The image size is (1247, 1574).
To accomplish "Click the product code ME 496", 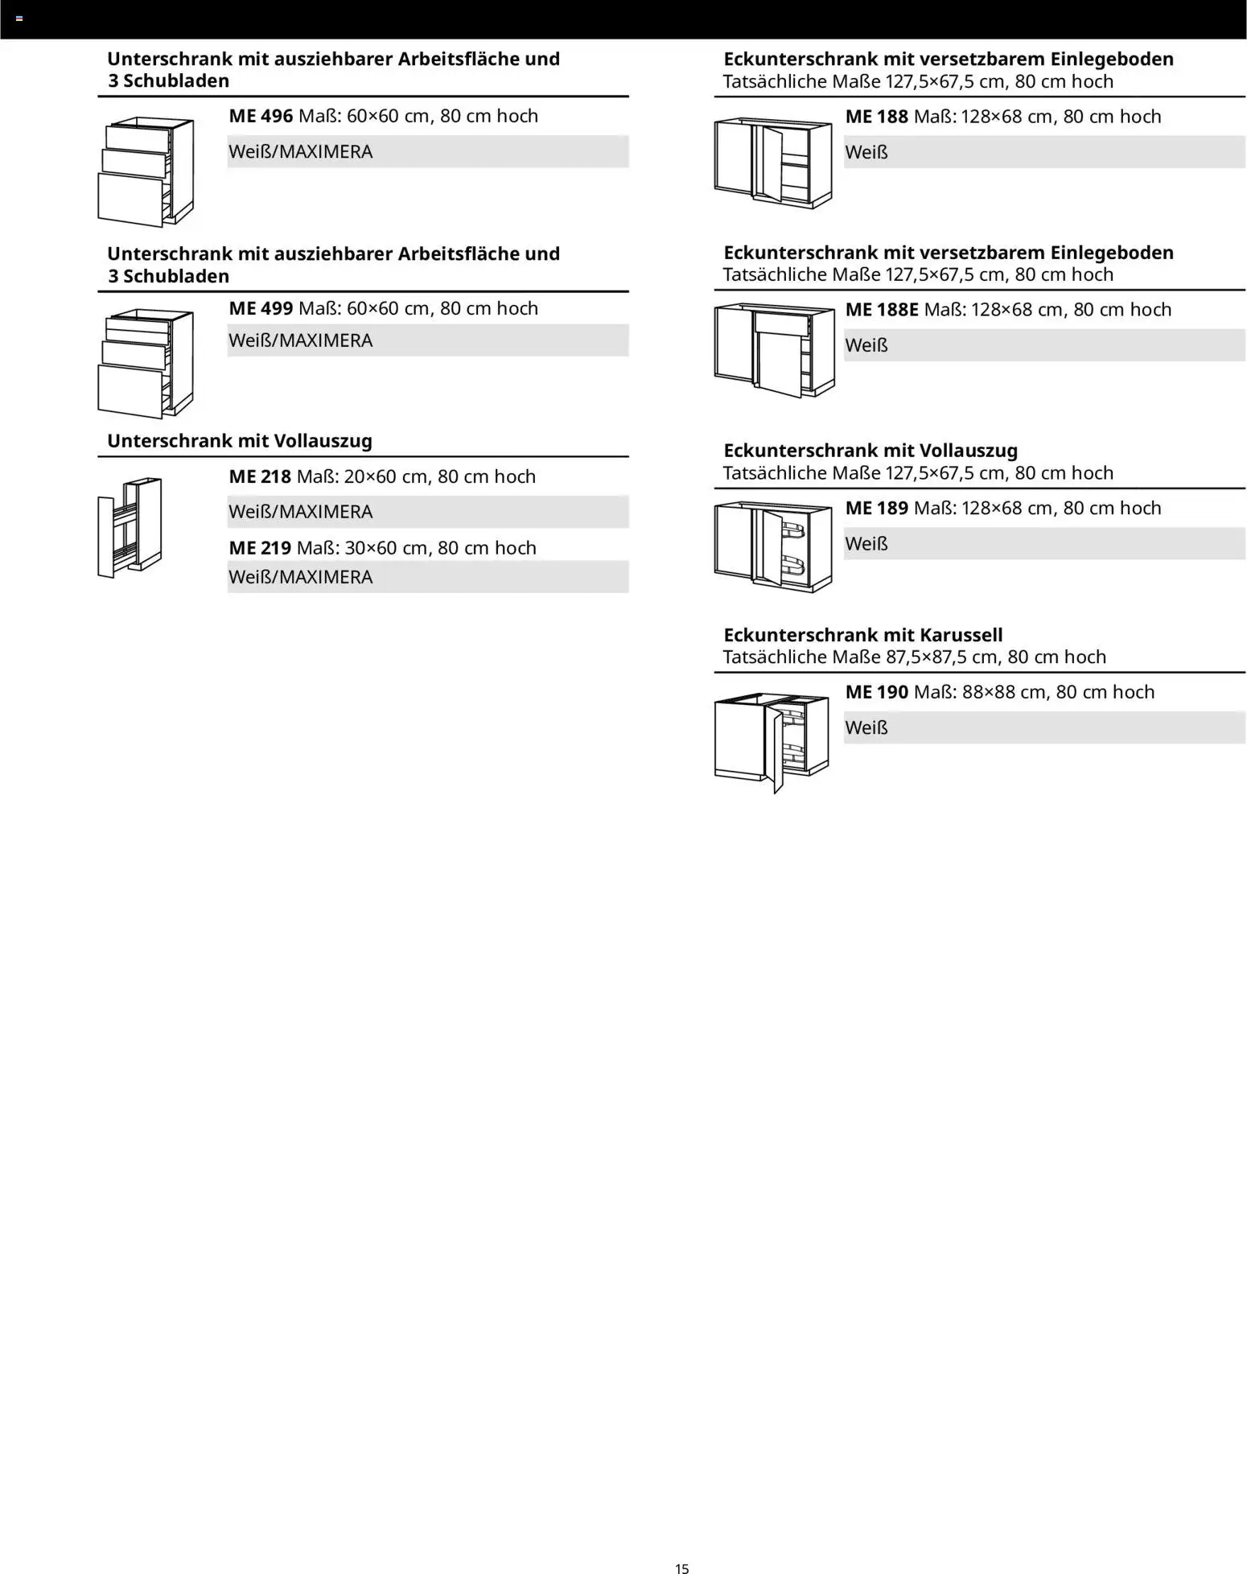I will pos(261,116).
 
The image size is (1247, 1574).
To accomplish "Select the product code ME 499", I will pos(261,308).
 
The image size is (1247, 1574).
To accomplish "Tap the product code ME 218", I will pos(260,476).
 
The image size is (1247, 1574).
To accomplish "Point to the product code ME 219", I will pos(260,548).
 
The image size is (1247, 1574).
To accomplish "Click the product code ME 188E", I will pos(881,310).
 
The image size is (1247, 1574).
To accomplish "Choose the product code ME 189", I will pos(876,509).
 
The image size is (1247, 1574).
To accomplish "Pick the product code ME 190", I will pos(876,692).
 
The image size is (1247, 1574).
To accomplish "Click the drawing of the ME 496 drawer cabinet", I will pos(146,171).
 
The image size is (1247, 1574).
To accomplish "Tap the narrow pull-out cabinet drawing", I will pos(130,527).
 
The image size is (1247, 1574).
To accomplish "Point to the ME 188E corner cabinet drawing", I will pos(774,350).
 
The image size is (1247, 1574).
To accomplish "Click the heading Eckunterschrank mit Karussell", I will pos(862,635).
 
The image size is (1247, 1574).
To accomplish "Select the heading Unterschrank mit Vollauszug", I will pos(240,441).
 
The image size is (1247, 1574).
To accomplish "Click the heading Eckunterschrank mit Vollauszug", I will pos(870,451).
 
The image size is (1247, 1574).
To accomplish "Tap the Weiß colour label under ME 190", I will pos(866,728).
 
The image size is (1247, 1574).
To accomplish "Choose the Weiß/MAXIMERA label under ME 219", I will pos(301,578).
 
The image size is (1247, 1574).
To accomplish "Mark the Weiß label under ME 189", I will pos(866,544).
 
